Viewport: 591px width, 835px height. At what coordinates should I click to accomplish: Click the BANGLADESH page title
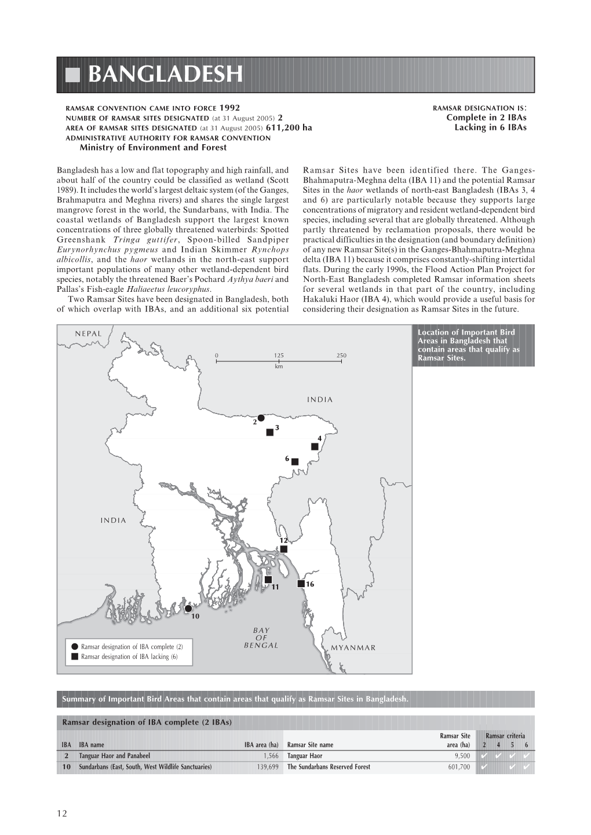tap(166, 75)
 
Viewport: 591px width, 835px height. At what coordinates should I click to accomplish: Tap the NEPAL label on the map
tap(88, 334)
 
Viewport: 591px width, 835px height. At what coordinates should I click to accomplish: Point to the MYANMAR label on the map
tap(353, 648)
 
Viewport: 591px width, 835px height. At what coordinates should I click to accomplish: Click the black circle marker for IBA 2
tap(261, 418)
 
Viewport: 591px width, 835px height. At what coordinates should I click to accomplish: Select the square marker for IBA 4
tap(315, 446)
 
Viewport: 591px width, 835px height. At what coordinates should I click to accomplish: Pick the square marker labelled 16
tap(301, 583)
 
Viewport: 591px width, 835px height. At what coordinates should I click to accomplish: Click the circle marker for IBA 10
tap(188, 609)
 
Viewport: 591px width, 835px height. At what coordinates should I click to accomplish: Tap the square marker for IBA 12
tap(283, 549)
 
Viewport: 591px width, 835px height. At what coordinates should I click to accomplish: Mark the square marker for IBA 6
tap(295, 462)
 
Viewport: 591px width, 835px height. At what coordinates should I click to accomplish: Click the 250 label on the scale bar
tap(341, 356)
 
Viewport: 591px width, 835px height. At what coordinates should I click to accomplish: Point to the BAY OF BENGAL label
tap(261, 638)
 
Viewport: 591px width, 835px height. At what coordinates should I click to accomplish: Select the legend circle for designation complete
tap(75, 646)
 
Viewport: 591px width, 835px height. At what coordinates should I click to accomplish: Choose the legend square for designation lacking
tap(75, 657)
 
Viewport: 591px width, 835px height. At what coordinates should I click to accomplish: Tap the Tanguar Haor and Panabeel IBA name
tap(114, 756)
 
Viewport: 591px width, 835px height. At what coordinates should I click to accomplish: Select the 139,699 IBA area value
tap(268, 767)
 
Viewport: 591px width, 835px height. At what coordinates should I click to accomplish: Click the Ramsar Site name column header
tap(310, 745)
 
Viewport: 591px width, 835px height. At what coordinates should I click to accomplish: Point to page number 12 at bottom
tap(62, 813)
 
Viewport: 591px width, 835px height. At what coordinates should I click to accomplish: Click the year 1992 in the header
tap(229, 108)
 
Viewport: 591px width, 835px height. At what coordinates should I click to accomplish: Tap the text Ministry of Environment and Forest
tap(152, 147)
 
